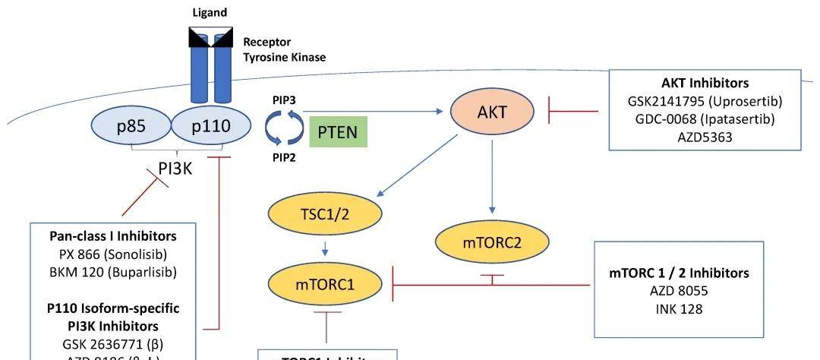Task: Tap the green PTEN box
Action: (x=338, y=131)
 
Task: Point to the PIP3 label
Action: (x=285, y=99)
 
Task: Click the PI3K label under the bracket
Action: (x=175, y=168)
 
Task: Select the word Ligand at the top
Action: (x=210, y=13)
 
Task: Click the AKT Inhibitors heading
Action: (x=705, y=84)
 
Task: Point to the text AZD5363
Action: (x=705, y=137)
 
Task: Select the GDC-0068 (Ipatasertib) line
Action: (x=705, y=118)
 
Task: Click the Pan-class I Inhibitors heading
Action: (x=112, y=236)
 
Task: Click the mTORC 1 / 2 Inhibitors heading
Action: (x=679, y=272)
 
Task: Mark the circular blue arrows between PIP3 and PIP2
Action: (x=283, y=129)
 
